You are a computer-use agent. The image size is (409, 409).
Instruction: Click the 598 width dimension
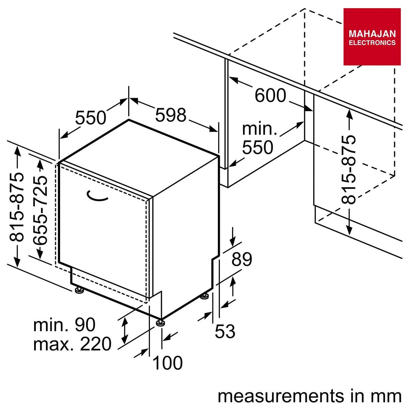tap(171, 115)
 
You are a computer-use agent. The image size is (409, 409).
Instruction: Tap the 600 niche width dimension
tap(270, 95)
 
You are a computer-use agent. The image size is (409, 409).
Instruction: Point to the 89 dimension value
tap(242, 259)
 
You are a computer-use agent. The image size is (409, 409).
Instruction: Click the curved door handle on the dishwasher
tap(97, 196)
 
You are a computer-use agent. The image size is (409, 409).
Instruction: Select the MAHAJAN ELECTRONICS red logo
tap(372, 37)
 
